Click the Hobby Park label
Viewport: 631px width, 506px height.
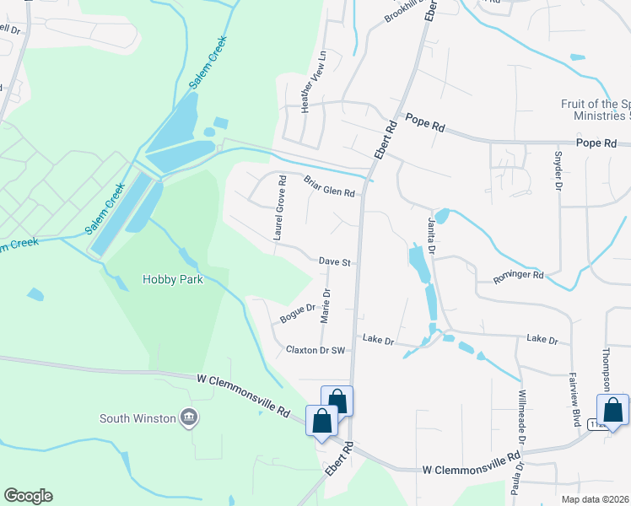(173, 279)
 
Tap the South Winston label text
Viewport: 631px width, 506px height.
(138, 417)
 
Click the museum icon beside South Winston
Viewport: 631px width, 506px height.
(188, 417)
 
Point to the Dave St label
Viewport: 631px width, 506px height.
(335, 262)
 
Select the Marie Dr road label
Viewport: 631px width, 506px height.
(325, 306)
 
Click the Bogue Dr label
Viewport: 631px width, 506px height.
(297, 315)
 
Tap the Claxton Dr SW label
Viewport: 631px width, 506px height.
(315, 349)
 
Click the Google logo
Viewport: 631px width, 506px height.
(28, 496)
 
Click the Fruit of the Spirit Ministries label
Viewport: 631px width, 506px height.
(596, 110)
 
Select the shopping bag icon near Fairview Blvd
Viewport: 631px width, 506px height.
(612, 410)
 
